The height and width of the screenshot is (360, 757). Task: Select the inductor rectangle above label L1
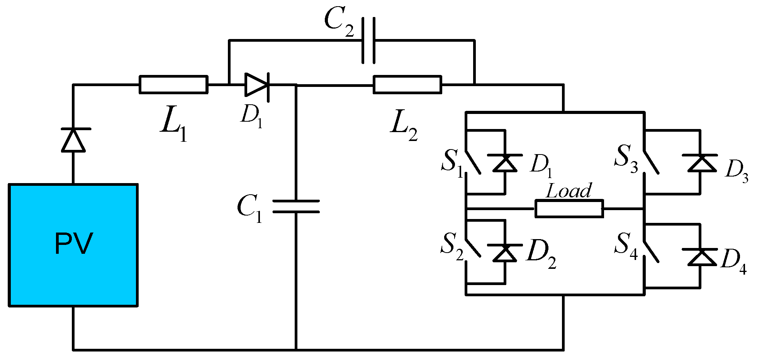[173, 85]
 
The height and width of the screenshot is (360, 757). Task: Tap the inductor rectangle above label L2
[407, 85]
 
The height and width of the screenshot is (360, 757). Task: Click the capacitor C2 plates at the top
[368, 40]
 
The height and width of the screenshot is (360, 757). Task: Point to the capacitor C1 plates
[296, 206]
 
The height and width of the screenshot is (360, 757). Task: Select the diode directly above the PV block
[73, 140]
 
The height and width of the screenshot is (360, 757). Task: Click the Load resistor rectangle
[569, 209]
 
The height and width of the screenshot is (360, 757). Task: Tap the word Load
[569, 191]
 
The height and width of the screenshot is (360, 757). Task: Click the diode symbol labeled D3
[700, 163]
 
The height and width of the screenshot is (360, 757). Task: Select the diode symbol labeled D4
[700, 257]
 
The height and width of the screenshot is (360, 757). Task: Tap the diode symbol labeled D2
[505, 253]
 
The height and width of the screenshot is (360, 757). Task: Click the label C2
[339, 22]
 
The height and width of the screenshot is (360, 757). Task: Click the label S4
[626, 246]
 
